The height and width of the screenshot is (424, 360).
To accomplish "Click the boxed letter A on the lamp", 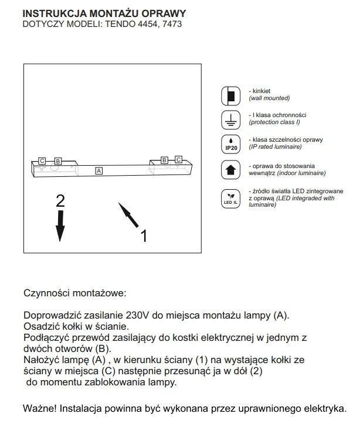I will (99, 170).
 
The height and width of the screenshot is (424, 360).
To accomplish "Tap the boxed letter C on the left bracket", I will (42, 160).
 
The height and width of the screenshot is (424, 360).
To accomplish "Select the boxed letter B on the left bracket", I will (57, 160).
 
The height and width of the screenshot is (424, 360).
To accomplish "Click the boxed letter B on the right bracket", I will (165, 159).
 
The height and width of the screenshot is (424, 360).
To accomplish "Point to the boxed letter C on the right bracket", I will (179, 159).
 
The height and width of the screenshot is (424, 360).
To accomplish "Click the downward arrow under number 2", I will (60, 225).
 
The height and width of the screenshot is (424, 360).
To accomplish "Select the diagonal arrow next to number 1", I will (129, 216).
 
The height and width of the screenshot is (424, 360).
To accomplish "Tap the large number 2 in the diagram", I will (60, 201).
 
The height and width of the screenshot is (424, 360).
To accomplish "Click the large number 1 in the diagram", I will (144, 235).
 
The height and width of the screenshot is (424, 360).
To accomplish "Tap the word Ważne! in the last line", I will (39, 408).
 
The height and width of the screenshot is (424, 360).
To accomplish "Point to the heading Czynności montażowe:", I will (74, 292).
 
